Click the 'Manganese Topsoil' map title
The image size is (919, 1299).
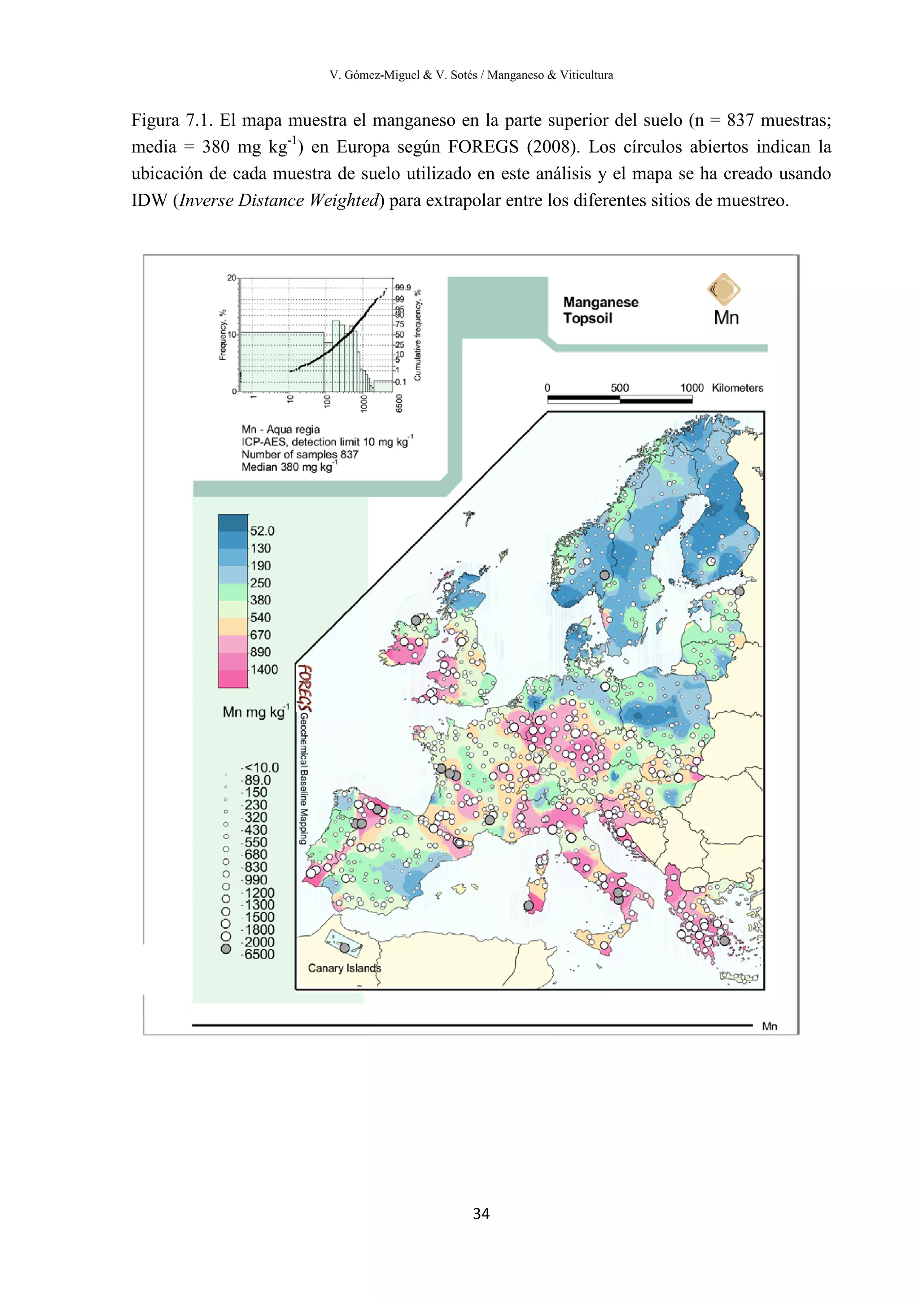pos(600,310)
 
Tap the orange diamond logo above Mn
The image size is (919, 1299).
pos(724,289)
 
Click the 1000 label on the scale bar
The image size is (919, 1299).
pos(691,388)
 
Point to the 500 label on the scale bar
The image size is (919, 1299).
pos(620,388)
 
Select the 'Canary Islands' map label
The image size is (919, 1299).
pos(344,968)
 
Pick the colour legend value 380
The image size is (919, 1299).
pos(260,600)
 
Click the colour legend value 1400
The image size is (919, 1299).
pos(264,669)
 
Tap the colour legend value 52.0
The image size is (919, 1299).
pos(262,531)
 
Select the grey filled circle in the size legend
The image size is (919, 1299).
pos(226,949)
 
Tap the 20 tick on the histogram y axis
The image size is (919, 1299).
pos(232,278)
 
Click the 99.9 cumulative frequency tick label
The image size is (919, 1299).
pos(403,288)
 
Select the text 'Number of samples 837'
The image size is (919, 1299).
pos(299,454)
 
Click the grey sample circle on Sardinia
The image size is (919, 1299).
pos(529,906)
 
